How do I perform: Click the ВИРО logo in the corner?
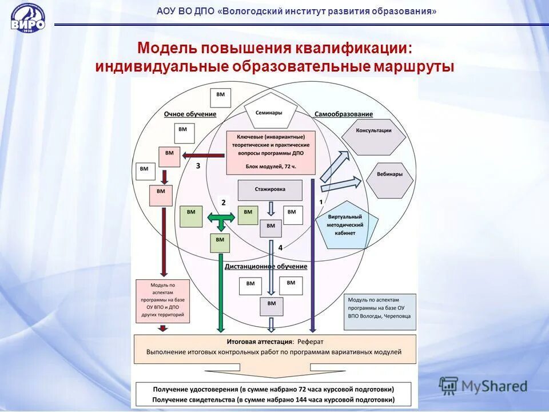click(27, 19)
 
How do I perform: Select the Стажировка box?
click(270, 190)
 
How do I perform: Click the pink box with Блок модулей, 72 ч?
click(270, 152)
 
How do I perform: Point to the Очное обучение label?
click(190, 114)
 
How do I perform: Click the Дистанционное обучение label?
click(258, 266)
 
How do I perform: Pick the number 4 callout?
click(280, 247)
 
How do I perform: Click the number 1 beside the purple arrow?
click(321, 202)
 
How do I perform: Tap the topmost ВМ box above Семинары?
click(221, 97)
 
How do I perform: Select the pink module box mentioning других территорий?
click(162, 300)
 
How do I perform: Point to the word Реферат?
click(310, 342)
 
